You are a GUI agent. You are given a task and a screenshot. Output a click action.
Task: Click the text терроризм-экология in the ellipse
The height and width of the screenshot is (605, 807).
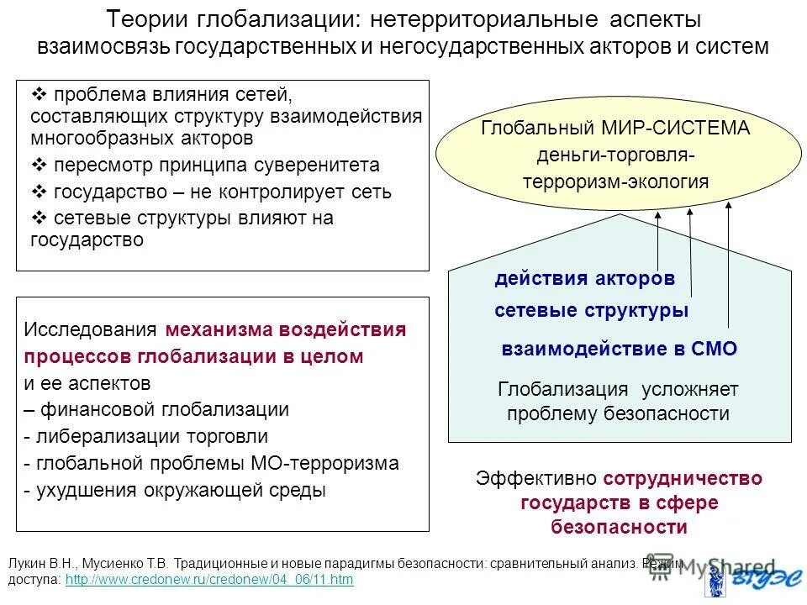(615, 181)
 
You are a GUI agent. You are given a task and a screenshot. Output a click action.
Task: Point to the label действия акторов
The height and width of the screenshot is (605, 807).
(584, 278)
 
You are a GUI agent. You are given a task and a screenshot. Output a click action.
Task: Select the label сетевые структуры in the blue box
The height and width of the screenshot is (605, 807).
(592, 310)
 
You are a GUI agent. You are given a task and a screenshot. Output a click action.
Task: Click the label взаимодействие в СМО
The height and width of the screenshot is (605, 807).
(619, 350)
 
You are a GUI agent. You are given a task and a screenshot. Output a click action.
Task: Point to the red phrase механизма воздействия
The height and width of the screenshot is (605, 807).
(286, 329)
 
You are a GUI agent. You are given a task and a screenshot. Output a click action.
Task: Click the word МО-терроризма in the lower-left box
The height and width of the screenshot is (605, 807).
(324, 463)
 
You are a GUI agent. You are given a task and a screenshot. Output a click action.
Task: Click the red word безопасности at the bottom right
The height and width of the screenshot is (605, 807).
(620, 527)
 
